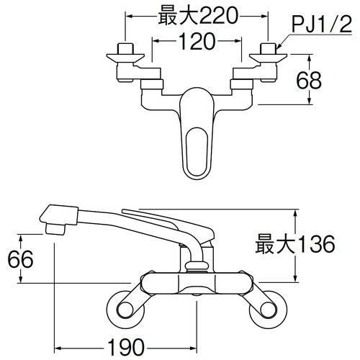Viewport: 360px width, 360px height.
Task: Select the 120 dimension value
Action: click(x=196, y=42)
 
